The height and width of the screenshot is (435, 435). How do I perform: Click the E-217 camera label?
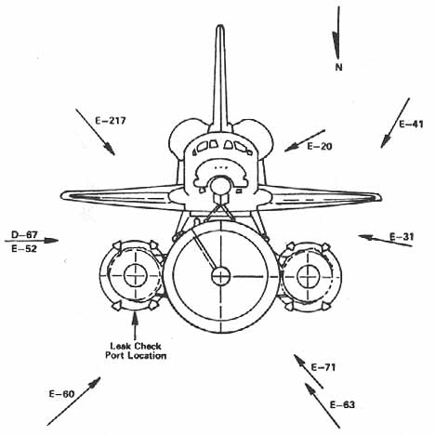point(111,121)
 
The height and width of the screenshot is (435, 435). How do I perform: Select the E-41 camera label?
point(411,125)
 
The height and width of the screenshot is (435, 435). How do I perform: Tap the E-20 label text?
point(320,146)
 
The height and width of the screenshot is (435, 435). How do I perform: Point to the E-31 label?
point(402,237)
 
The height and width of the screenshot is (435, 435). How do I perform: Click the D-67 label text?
point(24,235)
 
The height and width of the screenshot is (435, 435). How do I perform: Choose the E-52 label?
point(24,248)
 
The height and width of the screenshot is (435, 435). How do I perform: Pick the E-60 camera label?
point(62,394)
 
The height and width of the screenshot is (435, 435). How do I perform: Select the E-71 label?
point(323,367)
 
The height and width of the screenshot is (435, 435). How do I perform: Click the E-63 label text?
point(342,405)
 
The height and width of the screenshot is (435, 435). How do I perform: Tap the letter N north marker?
point(338,67)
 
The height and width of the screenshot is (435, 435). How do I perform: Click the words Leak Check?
point(136,346)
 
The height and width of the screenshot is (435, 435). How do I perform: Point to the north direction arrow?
point(337,33)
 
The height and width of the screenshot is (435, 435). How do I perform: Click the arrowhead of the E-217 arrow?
point(110,149)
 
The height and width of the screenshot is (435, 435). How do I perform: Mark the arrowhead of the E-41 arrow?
point(385,142)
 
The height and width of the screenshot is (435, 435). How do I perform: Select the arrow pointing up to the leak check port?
point(135,326)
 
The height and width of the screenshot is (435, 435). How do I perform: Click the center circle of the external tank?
point(221,276)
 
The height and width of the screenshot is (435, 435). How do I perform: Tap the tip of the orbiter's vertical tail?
point(220,26)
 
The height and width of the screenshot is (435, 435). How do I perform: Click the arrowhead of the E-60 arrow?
point(95,382)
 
